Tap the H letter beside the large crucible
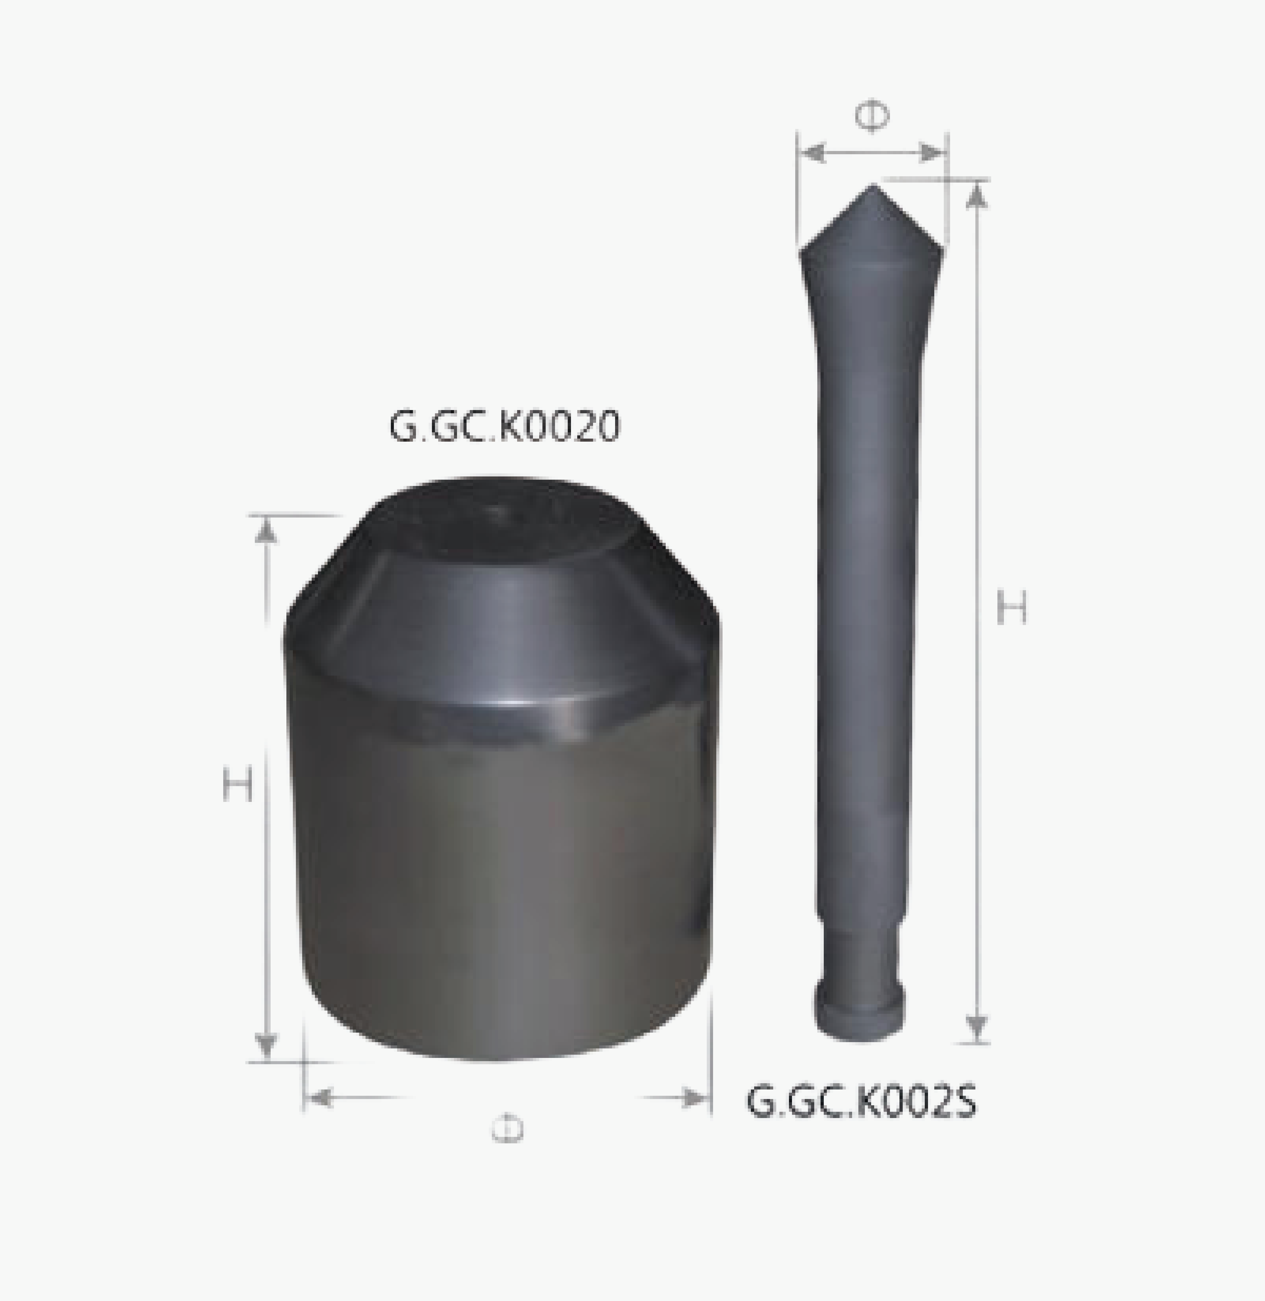click(237, 784)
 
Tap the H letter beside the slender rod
click(1011, 608)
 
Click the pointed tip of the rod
click(872, 189)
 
